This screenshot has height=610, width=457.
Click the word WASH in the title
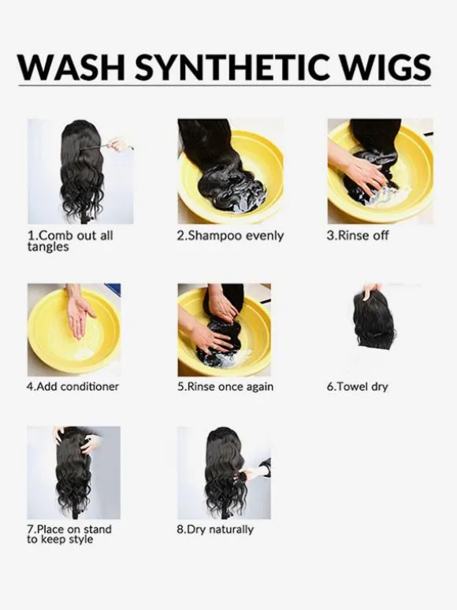(71, 67)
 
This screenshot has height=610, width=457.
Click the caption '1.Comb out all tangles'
(70, 241)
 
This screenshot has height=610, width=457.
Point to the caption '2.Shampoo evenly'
(230, 236)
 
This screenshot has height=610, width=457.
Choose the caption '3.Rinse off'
(358, 236)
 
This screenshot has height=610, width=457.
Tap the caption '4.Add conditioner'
(72, 386)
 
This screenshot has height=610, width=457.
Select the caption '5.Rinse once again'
(225, 386)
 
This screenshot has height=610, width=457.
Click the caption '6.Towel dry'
(358, 387)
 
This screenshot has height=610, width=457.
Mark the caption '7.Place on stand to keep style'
(69, 534)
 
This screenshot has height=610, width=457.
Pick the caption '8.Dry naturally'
(215, 530)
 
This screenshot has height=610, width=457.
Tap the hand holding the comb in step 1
(119, 145)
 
